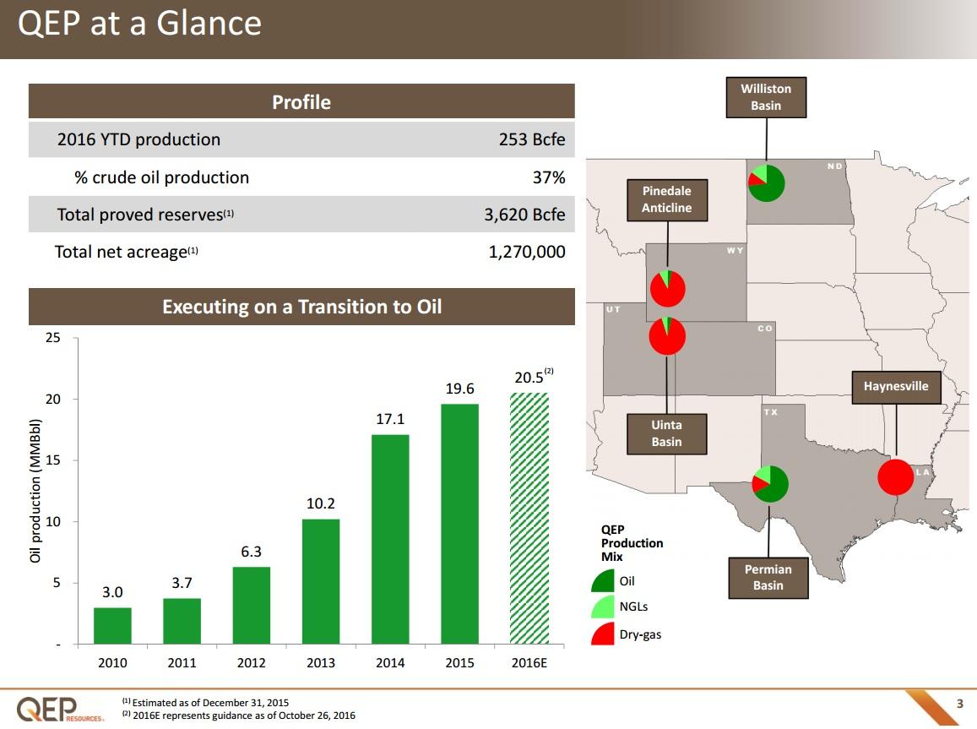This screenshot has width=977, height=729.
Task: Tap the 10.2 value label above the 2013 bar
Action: pyautogui.click(x=321, y=503)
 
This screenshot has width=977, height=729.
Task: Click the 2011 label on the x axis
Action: pyautogui.click(x=182, y=663)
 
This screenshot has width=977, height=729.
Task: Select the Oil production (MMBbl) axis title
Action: pyautogui.click(x=35, y=491)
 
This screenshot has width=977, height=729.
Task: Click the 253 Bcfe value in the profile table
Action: pyautogui.click(x=532, y=139)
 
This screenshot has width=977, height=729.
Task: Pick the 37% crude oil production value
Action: pyautogui.click(x=548, y=177)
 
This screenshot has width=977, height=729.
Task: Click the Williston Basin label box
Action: pyautogui.click(x=766, y=97)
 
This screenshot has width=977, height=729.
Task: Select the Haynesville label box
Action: pyautogui.click(x=895, y=386)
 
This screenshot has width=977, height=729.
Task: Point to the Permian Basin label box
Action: pyautogui.click(x=768, y=578)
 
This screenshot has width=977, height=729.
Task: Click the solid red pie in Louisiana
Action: pyautogui.click(x=895, y=477)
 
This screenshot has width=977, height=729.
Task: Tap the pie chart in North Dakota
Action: pyautogui.click(x=766, y=183)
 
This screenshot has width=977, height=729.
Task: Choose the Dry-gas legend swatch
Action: pyautogui.click(x=604, y=634)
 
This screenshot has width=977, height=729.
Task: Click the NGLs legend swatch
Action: pyautogui.click(x=604, y=607)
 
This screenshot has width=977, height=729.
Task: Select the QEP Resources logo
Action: pyautogui.click(x=60, y=708)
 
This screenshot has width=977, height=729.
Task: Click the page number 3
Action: pyautogui.click(x=958, y=704)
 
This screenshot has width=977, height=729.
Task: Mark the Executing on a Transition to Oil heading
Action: pyautogui.click(x=301, y=307)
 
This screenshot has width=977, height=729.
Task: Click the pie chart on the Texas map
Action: pyautogui.click(x=769, y=484)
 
